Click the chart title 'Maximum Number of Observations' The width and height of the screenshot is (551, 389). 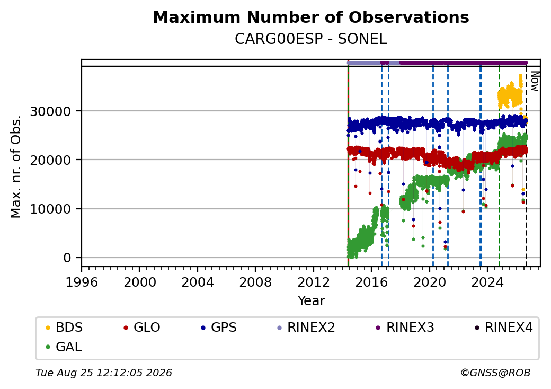tap(311, 17)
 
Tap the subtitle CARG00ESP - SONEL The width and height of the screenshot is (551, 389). tap(311, 39)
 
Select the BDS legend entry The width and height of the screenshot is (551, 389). tap(64, 328)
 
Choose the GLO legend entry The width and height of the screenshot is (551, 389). tap(142, 328)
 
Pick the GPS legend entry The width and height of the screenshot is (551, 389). tap(219, 328)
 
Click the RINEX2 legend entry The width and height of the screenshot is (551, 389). tap(306, 328)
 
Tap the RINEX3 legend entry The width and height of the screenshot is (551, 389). tap(405, 328)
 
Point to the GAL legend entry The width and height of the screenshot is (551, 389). tap(64, 347)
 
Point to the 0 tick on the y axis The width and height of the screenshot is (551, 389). tap(67, 258)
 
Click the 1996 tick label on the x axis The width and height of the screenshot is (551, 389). tap(82, 282)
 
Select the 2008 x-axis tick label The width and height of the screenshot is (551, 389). tap(255, 282)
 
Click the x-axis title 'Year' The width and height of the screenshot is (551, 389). tap(312, 301)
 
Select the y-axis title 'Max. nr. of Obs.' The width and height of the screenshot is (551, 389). tap(16, 166)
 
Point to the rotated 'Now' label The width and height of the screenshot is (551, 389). tap(535, 81)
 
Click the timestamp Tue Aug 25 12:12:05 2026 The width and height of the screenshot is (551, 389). tap(104, 373)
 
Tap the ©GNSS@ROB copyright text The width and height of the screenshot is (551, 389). tap(495, 373)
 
